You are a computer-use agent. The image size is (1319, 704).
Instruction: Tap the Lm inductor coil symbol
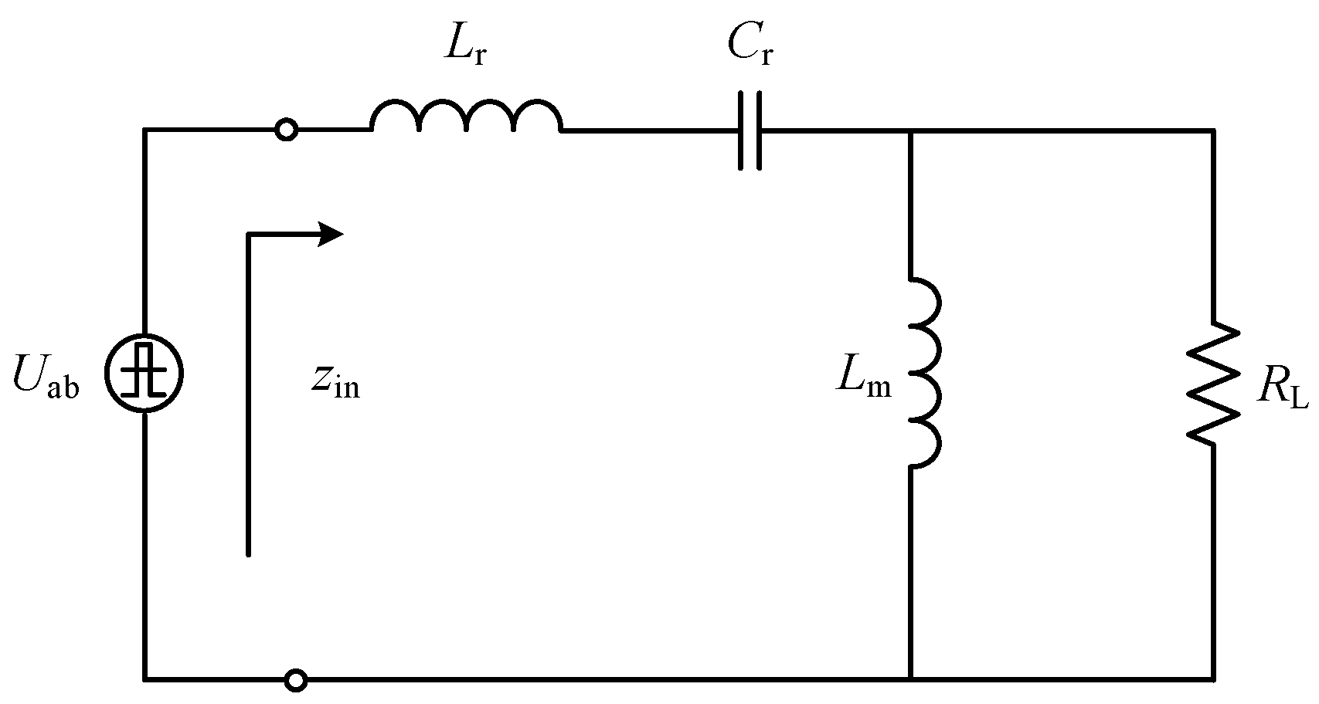click(x=923, y=372)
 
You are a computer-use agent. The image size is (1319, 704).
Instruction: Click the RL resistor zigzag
click(x=1213, y=382)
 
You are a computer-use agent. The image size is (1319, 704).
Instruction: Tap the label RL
click(x=1283, y=390)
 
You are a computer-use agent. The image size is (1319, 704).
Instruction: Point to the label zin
click(x=335, y=382)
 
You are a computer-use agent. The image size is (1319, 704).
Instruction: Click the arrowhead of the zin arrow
click(x=332, y=233)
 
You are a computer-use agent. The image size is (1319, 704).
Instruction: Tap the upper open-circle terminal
click(x=287, y=130)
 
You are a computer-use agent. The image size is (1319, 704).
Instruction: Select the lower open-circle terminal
click(x=296, y=680)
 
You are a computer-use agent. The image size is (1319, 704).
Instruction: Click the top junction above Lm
click(x=911, y=131)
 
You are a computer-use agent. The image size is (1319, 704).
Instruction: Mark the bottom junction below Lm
click(x=911, y=679)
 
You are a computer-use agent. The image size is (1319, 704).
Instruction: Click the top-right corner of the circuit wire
click(x=1212, y=131)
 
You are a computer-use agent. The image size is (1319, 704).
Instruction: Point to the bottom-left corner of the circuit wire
click(x=145, y=679)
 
